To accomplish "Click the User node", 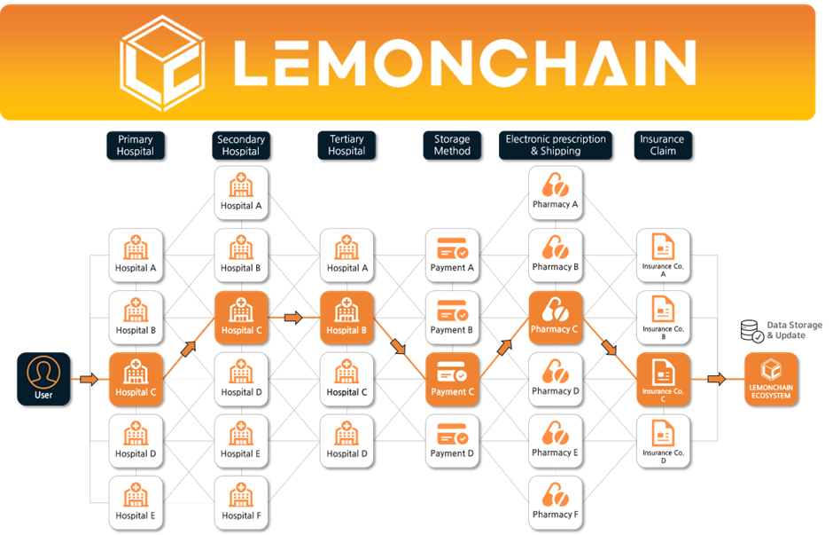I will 43,379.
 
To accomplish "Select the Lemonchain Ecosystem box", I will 770,379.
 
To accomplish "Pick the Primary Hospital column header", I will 135,146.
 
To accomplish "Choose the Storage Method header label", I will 452,146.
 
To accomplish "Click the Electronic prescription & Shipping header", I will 556,146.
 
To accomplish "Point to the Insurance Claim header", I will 662,146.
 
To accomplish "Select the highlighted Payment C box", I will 451,379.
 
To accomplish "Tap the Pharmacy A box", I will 556,193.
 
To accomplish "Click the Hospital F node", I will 241,502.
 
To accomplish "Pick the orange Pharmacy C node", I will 556,317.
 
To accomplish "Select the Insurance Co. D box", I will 663,441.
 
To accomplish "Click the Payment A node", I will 451,255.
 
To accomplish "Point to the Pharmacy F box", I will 556,502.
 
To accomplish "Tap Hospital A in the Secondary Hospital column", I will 241,193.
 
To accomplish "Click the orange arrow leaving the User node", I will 87,380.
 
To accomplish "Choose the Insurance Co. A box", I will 663,255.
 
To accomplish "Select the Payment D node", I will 451,441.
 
